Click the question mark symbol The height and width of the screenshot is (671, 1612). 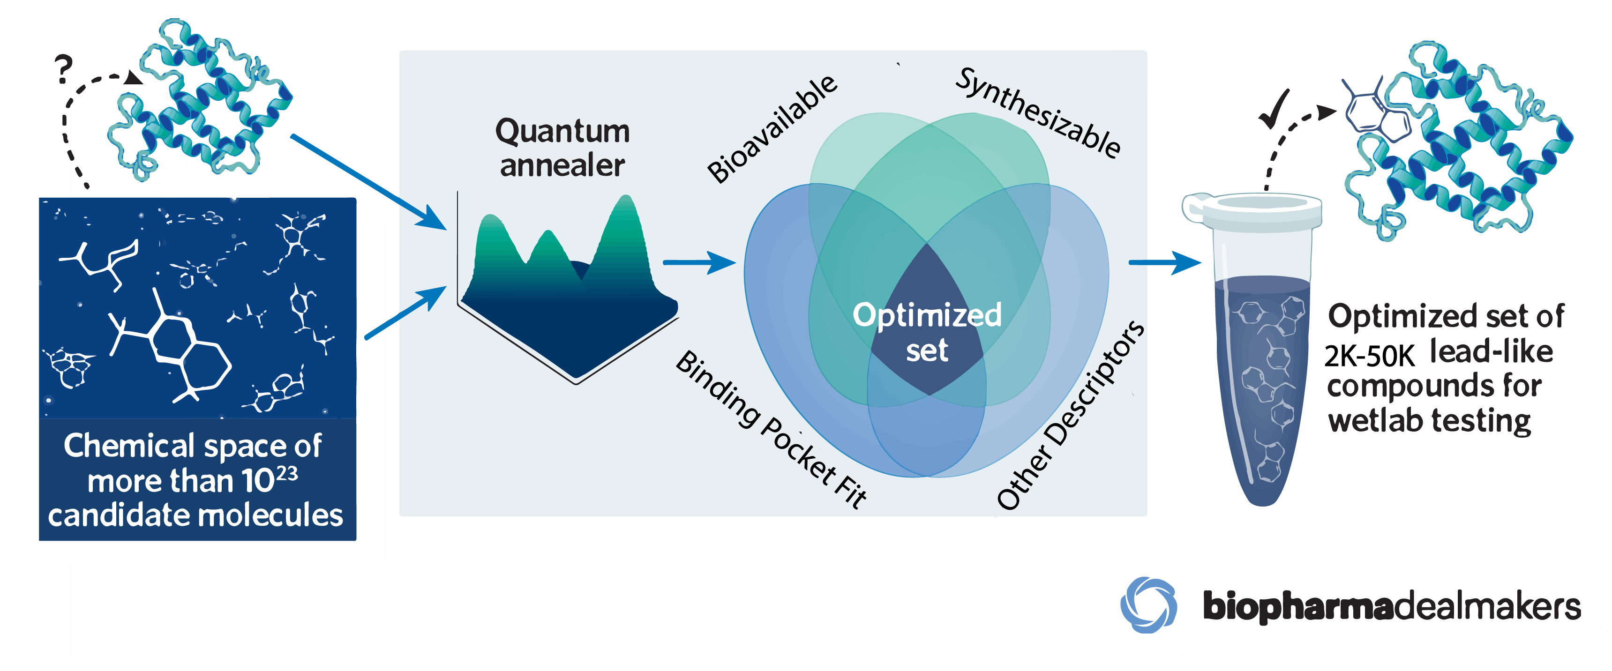pyautogui.click(x=63, y=69)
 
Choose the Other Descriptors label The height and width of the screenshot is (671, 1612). pyautogui.click(x=1071, y=416)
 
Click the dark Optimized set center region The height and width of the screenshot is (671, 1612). pyautogui.click(x=927, y=331)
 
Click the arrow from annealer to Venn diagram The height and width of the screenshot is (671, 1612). pyautogui.click(x=698, y=263)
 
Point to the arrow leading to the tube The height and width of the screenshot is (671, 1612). pyautogui.click(x=1164, y=263)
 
